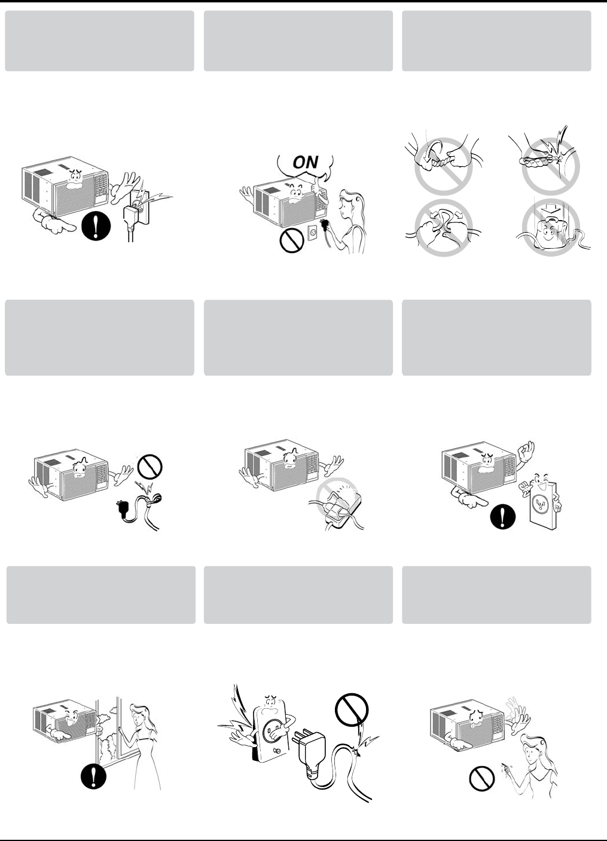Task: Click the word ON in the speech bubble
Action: coord(305,162)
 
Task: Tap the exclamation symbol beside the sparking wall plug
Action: coord(96,227)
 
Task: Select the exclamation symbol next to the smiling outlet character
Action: coord(502,517)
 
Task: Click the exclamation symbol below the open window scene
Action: coord(93,776)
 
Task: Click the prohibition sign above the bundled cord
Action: coord(150,467)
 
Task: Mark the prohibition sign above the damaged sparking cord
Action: coord(352,710)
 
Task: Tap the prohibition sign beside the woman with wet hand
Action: coord(482,779)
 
